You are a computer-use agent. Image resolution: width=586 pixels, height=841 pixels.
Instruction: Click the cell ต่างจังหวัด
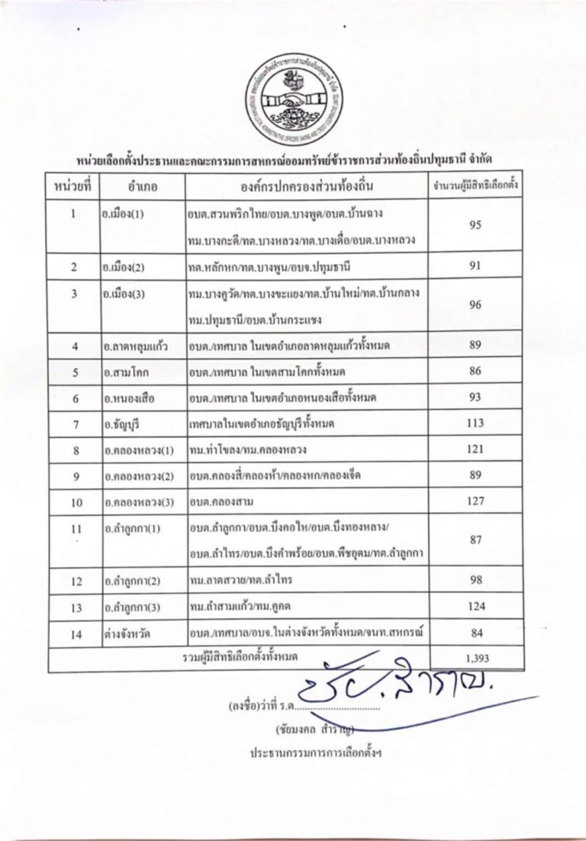[x=124, y=633]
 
